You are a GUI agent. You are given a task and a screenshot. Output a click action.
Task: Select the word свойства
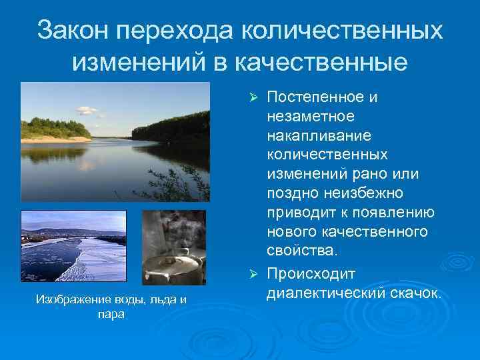click(302, 251)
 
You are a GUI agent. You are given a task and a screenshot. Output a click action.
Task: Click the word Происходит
click(311, 274)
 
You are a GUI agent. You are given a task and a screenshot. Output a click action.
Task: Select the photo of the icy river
click(73, 247)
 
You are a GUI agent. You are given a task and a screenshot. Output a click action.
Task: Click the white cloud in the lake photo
click(87, 111)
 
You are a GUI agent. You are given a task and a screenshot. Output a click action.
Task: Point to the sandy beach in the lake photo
click(63, 139)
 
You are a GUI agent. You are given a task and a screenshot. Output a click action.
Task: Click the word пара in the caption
click(110, 313)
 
